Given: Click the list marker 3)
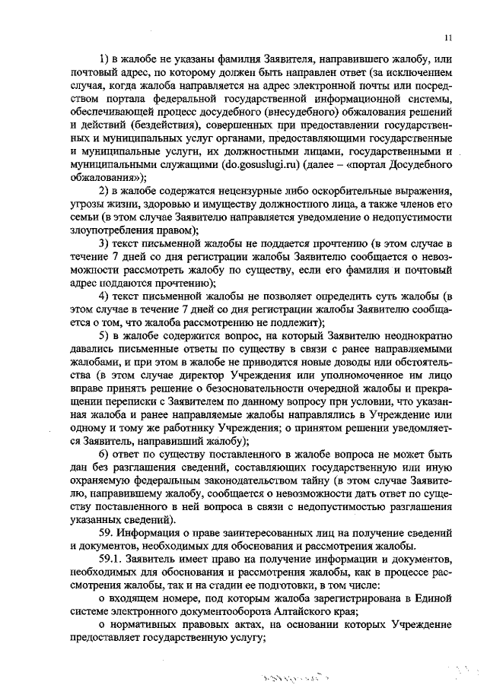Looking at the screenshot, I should point(106,243).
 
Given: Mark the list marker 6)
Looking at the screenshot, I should point(106,453).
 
